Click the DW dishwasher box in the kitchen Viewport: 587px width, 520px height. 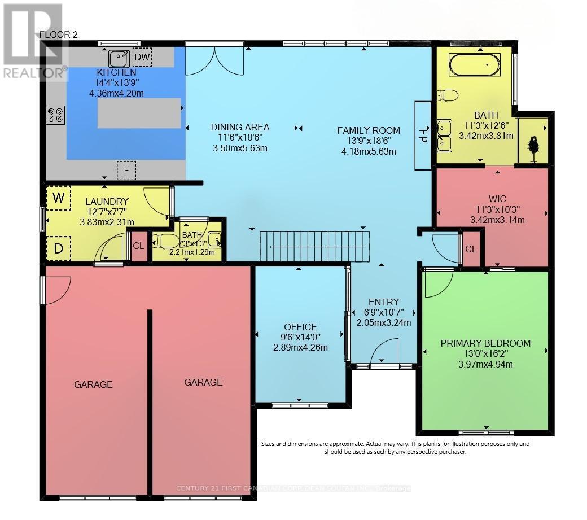[x=142, y=57]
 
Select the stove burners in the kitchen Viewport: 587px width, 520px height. [x=55, y=115]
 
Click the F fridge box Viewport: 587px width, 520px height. [x=126, y=169]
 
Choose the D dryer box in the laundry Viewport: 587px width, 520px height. [x=58, y=248]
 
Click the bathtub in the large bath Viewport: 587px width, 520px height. [x=474, y=65]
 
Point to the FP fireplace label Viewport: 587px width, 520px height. [x=423, y=136]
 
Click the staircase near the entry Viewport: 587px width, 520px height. [x=314, y=247]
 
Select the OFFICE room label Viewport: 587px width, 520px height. [x=300, y=327]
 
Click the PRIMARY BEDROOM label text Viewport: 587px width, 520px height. [x=485, y=343]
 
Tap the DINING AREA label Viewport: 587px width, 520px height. [x=240, y=127]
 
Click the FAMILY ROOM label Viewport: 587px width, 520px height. [x=369, y=130]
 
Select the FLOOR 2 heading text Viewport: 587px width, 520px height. [x=59, y=34]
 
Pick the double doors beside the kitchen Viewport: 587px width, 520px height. [x=215, y=61]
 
